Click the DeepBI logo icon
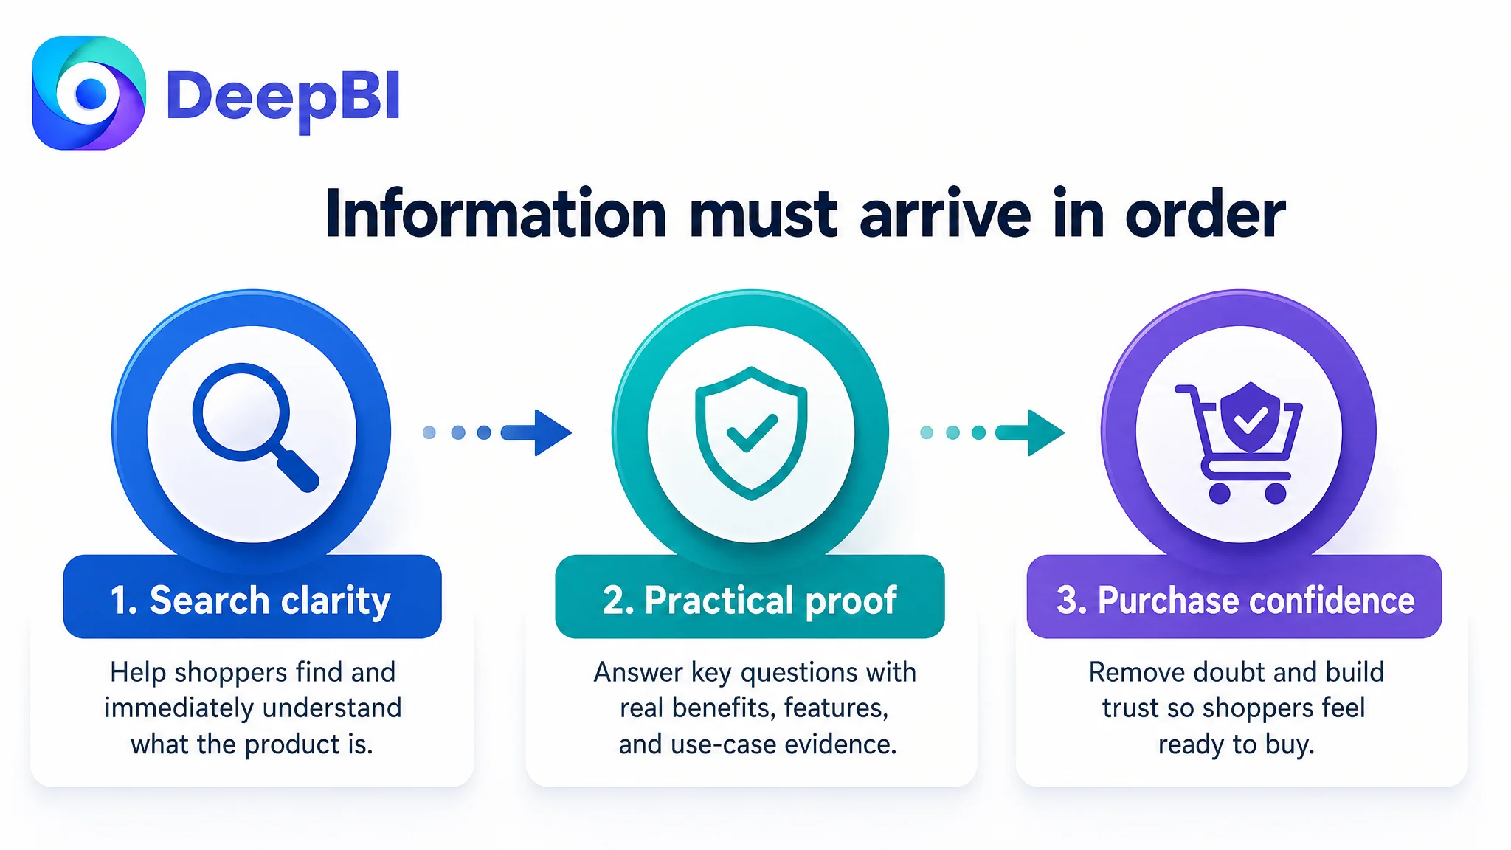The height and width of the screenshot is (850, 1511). click(89, 93)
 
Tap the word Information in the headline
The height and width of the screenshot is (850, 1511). click(497, 214)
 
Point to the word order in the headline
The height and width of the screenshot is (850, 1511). click(1205, 214)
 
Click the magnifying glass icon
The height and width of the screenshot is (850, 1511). click(255, 427)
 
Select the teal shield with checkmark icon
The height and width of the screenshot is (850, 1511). click(751, 433)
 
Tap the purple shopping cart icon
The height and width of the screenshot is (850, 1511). click(1239, 443)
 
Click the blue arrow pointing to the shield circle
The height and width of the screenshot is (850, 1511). click(498, 432)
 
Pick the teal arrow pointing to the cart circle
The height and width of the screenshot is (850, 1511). click(992, 432)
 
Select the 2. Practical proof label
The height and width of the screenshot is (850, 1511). click(750, 600)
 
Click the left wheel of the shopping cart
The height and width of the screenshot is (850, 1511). click(1220, 493)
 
